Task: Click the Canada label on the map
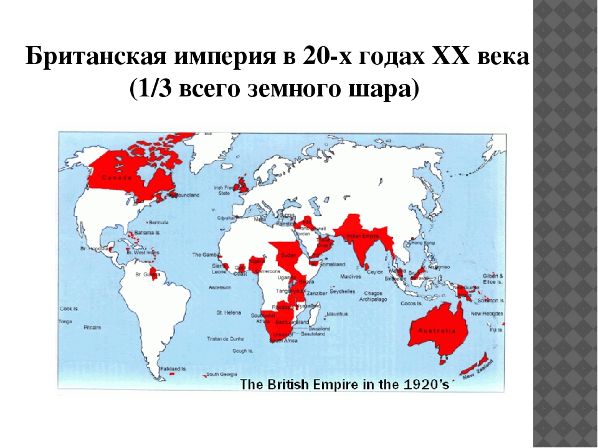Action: coord(116,177)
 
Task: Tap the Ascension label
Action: coord(220,287)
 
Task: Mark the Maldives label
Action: coord(351,276)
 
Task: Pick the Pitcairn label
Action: coord(92,325)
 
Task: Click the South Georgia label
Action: coord(221,374)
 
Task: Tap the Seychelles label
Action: coord(343,291)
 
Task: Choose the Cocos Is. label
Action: coord(412,303)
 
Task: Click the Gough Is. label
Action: coord(242,351)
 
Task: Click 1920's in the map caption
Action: coord(426,384)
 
